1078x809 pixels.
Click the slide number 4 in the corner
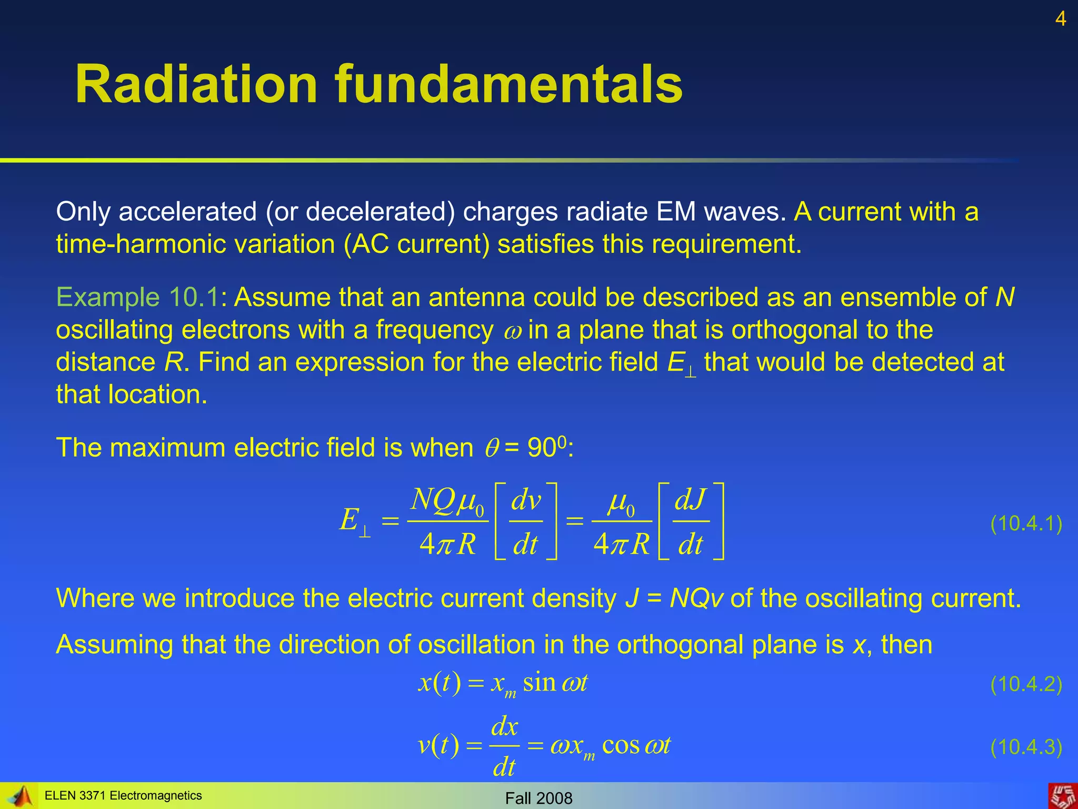(x=1061, y=19)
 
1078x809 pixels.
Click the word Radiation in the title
(x=196, y=84)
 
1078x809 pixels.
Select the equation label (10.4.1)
(x=1026, y=524)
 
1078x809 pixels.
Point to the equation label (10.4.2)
(x=1026, y=684)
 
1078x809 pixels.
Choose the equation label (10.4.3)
(x=1026, y=747)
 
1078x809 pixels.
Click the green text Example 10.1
(x=137, y=297)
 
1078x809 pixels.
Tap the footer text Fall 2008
(x=538, y=798)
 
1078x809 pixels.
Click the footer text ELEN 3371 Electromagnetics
(x=123, y=795)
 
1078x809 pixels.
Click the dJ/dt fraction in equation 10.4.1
(x=691, y=521)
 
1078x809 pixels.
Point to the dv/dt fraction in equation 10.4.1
(x=526, y=521)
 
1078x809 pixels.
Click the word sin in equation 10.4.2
(x=540, y=683)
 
